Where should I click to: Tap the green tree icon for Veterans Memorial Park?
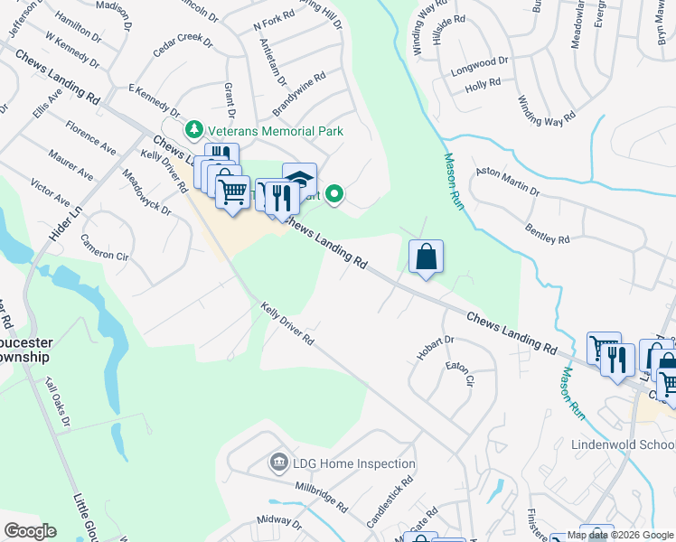[193, 131]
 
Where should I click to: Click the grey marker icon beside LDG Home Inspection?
[278, 464]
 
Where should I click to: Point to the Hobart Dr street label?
[435, 349]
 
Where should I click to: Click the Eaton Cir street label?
[460, 374]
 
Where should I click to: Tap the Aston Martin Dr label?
[507, 181]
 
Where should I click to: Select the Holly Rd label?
[483, 84]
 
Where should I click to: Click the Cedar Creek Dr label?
[183, 48]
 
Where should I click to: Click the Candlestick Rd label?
[390, 502]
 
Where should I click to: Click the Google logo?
[30, 531]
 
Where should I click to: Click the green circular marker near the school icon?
[334, 193]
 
